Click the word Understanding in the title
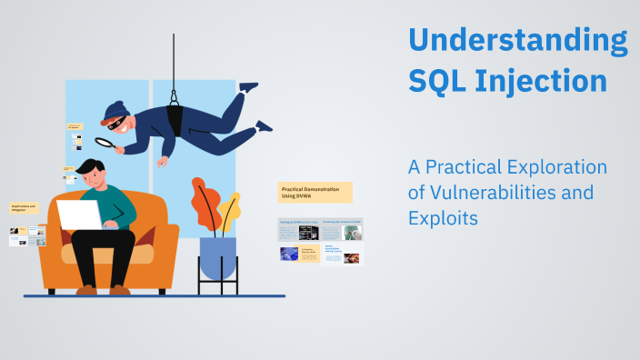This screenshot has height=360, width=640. (516, 41)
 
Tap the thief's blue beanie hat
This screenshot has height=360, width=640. (114, 111)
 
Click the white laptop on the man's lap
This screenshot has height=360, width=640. (81, 215)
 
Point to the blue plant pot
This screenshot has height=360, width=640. (217, 257)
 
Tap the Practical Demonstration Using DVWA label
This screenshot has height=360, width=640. (315, 192)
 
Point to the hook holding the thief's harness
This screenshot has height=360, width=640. (174, 95)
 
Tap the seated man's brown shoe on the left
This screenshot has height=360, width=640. (86, 290)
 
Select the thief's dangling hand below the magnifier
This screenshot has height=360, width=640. (161, 162)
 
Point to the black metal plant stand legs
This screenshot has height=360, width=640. (217, 286)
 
